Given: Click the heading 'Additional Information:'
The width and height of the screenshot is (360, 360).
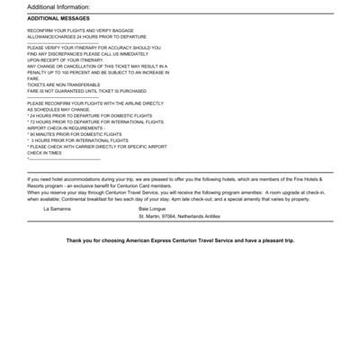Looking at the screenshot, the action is click(58, 6).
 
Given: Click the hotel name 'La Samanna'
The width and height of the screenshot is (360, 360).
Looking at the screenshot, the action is click(58, 209).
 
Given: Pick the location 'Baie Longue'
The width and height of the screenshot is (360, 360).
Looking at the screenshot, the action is click(154, 209).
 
